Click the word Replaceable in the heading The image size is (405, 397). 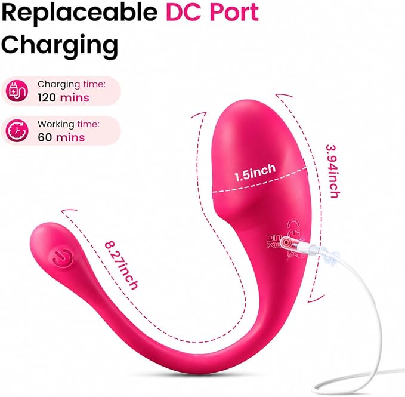tap(79, 13)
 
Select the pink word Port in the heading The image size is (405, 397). tap(234, 12)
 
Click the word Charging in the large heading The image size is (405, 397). tap(60, 47)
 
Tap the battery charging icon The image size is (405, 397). tap(17, 91)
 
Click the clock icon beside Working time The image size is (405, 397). tap(17, 131)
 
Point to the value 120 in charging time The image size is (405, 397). tap(47, 98)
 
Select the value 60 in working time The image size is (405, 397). tap(45, 137)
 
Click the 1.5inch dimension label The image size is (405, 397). tap(255, 173)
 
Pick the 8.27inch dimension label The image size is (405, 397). tap(121, 266)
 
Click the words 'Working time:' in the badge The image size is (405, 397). tap(69, 124)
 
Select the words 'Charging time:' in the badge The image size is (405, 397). tap(72, 85)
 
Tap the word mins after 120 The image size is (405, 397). tap(75, 98)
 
